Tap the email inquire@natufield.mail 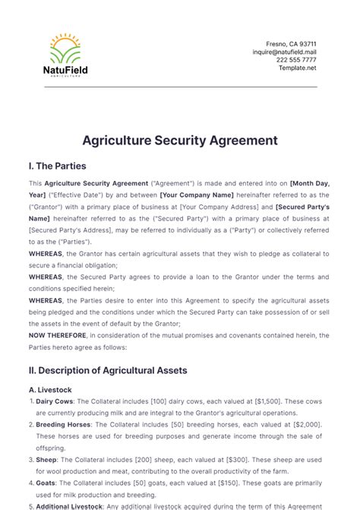pos(285,52)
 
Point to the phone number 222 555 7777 pos(297,60)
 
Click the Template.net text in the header pos(298,68)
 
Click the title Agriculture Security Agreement pos(180,141)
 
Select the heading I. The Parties pos(57,166)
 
